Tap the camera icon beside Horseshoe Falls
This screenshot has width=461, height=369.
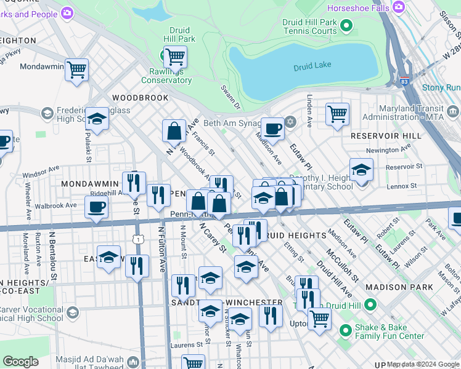click(x=399, y=7)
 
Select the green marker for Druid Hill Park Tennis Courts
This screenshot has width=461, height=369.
click(x=346, y=26)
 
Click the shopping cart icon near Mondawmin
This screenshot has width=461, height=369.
click(x=77, y=69)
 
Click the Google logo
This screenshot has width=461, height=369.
click(x=21, y=361)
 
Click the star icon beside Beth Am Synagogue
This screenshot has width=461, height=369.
click(x=290, y=122)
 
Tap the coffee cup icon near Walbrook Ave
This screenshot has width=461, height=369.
click(x=96, y=208)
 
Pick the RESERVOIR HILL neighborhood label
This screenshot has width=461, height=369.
click(x=386, y=135)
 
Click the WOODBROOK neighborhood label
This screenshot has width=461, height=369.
click(x=140, y=98)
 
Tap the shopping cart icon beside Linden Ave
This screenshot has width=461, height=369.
click(x=337, y=114)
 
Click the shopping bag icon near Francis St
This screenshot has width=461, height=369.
click(x=174, y=130)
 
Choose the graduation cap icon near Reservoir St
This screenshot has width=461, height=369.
click(x=361, y=169)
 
